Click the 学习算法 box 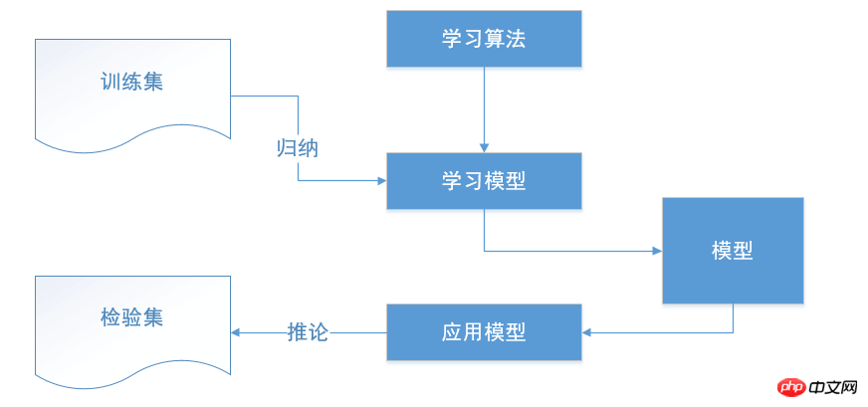484,39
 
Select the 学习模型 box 484,181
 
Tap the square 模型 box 733,251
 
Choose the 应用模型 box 484,332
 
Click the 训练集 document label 131,82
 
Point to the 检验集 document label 131,317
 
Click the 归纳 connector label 298,148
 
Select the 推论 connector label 309,332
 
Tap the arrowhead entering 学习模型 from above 485,148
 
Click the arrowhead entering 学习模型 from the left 382,180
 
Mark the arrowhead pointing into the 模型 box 658,251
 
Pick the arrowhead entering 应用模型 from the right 586,332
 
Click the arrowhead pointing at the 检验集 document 235,332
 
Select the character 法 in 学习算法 516,39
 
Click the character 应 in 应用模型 452,332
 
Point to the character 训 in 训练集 110,82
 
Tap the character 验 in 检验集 131,317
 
